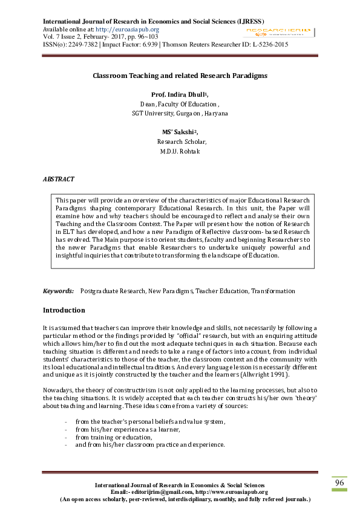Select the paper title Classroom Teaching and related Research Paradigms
[x=180, y=76]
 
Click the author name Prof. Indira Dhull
[x=178, y=95]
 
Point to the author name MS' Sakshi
[x=178, y=132]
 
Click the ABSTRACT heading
[x=59, y=180]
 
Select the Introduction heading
[x=64, y=310]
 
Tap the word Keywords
[x=58, y=291]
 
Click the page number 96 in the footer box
[x=340, y=484]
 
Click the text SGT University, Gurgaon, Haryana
[x=180, y=113]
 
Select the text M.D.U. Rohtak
[x=180, y=151]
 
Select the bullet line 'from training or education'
[x=113, y=437]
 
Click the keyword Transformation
[x=273, y=291]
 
